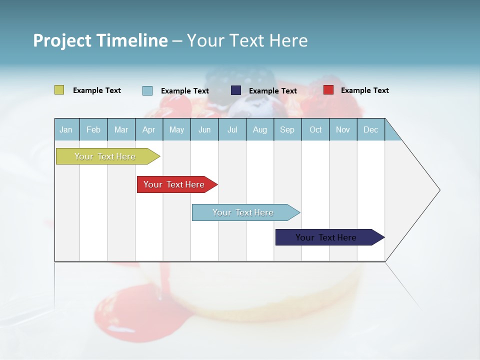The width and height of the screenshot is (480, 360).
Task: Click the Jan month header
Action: point(66,129)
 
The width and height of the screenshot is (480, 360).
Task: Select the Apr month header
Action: point(148,129)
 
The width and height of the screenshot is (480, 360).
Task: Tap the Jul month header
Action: point(232,129)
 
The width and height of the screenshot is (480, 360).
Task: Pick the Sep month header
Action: point(287,129)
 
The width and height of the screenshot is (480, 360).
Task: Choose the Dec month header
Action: point(370,129)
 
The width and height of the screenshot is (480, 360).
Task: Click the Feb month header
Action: point(93,129)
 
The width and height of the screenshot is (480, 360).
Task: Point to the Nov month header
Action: point(342,129)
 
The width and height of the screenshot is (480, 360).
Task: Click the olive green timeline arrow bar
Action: point(105,156)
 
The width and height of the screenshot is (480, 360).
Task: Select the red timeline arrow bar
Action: point(174,184)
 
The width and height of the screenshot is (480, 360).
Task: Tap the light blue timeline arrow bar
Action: point(243,212)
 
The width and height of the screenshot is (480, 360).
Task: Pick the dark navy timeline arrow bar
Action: point(326,237)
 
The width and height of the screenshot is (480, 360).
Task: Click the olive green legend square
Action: point(59,90)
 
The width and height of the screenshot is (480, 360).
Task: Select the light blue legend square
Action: point(147,90)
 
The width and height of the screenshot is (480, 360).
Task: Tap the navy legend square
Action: point(235,90)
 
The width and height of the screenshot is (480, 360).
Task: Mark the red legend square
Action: point(328,90)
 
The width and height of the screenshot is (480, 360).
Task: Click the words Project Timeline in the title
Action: point(100,40)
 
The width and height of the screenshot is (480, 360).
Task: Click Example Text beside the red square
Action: point(364,90)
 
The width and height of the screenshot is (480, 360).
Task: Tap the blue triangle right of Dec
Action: point(391,133)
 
